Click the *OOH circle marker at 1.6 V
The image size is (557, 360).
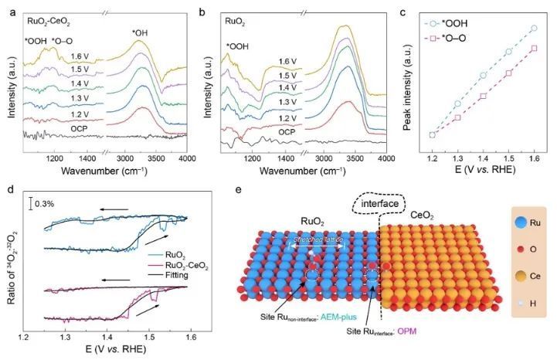[533, 28]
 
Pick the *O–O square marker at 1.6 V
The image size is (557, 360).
[533, 48]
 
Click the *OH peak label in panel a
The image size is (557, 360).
[141, 32]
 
